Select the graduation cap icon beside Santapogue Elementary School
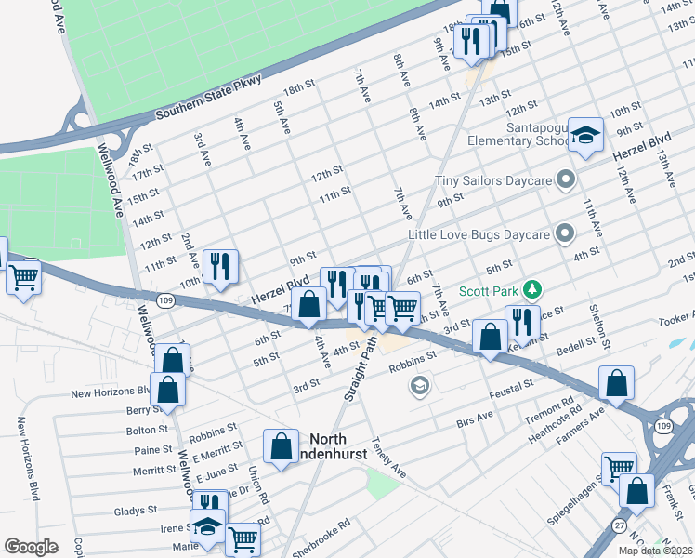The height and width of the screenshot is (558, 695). [585, 136]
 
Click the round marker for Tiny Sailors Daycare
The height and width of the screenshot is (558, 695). [565, 179]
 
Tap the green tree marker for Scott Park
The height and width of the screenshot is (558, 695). [531, 289]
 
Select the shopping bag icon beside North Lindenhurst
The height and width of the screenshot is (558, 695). [280, 447]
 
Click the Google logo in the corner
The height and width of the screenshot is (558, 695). [31, 546]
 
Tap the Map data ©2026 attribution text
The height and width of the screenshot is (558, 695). [655, 551]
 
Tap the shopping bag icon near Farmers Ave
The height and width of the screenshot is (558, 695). [615, 383]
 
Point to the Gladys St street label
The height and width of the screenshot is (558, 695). [135, 511]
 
